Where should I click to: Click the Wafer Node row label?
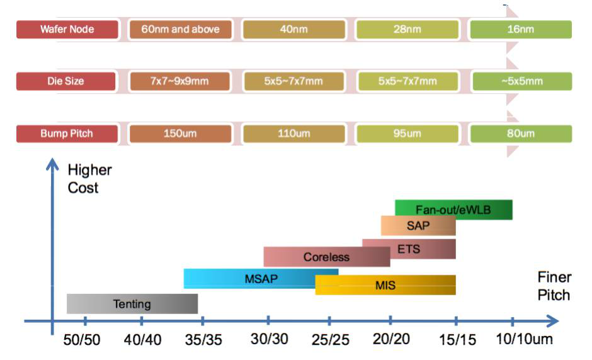click(67, 30)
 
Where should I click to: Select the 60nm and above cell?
click(180, 30)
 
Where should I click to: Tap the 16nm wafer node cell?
click(520, 30)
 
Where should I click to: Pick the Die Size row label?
click(65, 81)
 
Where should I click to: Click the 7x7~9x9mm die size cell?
click(180, 81)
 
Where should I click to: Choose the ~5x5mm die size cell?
click(520, 81)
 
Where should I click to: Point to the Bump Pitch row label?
click(67, 133)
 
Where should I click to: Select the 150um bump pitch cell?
click(180, 133)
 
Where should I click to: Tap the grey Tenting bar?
click(132, 304)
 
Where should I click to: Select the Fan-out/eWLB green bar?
click(453, 210)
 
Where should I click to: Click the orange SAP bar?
click(418, 225)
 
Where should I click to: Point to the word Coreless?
click(326, 257)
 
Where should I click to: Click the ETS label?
click(409, 249)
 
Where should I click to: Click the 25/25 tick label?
click(330, 340)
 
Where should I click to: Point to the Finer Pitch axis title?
click(554, 286)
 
